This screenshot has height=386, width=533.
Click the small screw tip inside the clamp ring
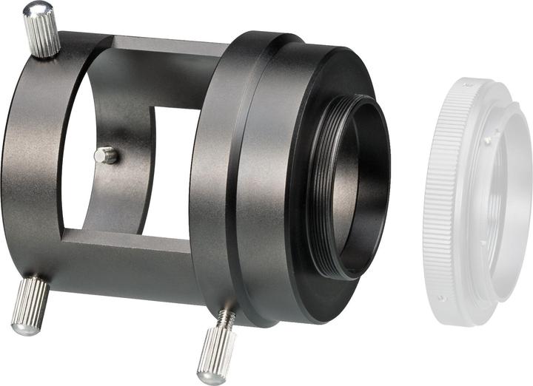pos(107,155)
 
